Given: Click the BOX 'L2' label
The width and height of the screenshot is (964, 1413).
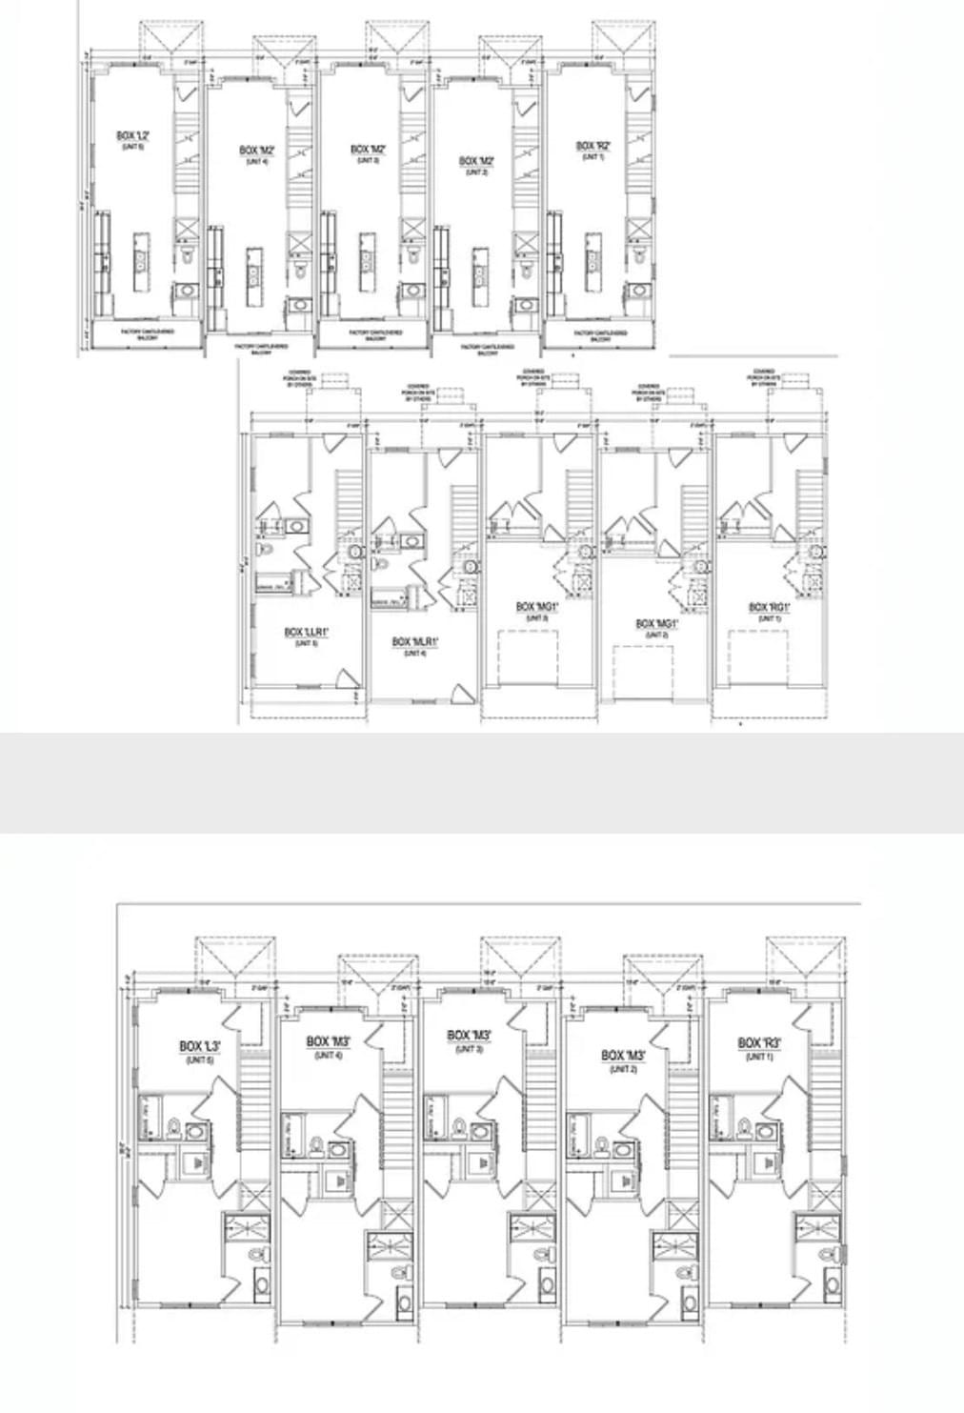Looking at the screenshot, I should (132, 136).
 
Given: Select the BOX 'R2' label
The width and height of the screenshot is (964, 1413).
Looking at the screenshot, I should (592, 147).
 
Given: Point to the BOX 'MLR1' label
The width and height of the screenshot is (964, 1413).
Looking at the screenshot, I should (414, 642).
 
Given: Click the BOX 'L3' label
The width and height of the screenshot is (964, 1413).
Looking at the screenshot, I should (200, 1046).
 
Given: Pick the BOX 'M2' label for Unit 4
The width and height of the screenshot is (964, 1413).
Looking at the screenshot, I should (257, 151).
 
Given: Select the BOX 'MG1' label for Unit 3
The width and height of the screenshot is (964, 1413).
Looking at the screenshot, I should (537, 607).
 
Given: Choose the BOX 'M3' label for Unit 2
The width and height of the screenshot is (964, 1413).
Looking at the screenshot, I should (624, 1056).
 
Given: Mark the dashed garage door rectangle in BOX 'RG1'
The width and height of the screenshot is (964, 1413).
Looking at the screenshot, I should (758, 657).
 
